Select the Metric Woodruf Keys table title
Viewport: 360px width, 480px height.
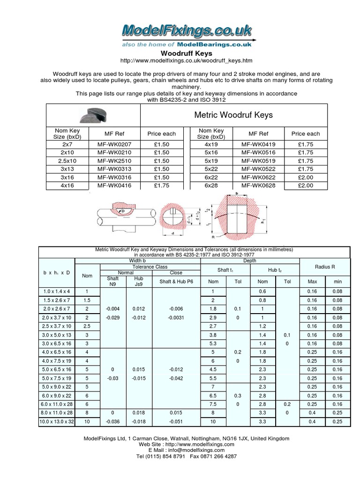tap(233, 115)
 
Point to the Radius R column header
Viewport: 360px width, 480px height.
tap(325, 267)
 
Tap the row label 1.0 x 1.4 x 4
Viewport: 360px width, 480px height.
tap(56, 292)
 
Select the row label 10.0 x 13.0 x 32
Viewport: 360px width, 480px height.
tap(56, 422)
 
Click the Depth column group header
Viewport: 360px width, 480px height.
tap(250, 261)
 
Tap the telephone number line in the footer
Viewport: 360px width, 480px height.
tap(186, 456)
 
